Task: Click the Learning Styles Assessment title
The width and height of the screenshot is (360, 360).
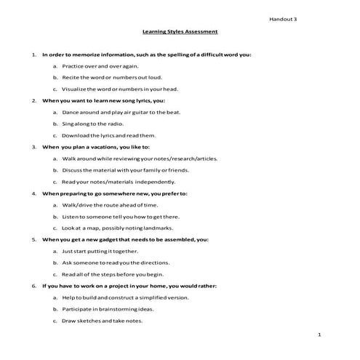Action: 180,32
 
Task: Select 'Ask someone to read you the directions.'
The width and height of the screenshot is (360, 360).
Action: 116,262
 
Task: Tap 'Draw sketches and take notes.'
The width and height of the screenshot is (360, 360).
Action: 102,320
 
